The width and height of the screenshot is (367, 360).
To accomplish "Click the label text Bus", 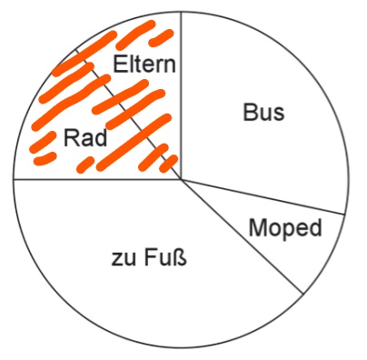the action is click(x=263, y=113).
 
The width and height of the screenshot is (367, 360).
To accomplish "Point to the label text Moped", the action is click(x=285, y=228).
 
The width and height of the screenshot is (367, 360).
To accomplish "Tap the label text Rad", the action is click(x=85, y=138).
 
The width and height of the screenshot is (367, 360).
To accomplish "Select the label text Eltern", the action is click(x=144, y=64).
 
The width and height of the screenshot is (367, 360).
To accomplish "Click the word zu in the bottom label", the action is click(x=124, y=261).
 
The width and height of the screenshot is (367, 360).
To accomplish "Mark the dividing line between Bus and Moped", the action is click(x=263, y=196).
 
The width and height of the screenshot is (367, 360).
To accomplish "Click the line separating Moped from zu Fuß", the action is click(x=242, y=236).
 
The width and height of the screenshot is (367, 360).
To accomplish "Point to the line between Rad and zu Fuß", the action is click(x=97, y=179).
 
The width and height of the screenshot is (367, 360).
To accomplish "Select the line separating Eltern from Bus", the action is click(x=181, y=95).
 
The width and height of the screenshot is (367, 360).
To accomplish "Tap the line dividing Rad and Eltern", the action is click(x=127, y=114).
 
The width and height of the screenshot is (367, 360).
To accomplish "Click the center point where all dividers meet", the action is click(x=181, y=179).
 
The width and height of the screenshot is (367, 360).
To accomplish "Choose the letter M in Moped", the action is click(x=258, y=227).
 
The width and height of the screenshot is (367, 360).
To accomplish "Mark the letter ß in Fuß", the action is click(x=180, y=258).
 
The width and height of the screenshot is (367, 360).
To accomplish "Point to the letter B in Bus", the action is click(x=250, y=113).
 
